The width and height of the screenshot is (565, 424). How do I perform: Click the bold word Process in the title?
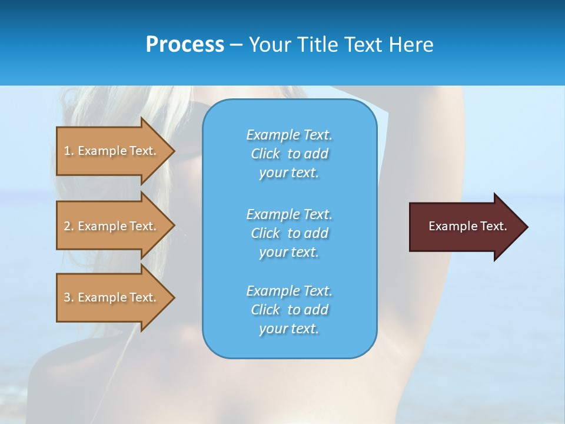185,45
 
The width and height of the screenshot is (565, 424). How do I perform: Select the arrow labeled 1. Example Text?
112,151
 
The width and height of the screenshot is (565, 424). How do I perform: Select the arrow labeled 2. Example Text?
112,226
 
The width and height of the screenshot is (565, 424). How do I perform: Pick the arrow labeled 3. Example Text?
112,297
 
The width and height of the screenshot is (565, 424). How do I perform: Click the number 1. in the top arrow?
69,151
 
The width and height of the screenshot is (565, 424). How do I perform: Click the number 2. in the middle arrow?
69,226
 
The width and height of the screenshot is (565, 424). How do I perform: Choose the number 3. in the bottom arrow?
69,297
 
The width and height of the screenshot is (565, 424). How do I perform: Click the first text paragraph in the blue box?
289,154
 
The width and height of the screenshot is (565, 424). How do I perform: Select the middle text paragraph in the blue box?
289,233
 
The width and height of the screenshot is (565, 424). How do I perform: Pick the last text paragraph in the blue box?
289,310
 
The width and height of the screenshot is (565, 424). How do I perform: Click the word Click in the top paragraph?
265,154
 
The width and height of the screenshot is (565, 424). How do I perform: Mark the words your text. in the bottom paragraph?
289,329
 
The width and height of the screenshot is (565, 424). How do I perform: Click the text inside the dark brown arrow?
467,226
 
